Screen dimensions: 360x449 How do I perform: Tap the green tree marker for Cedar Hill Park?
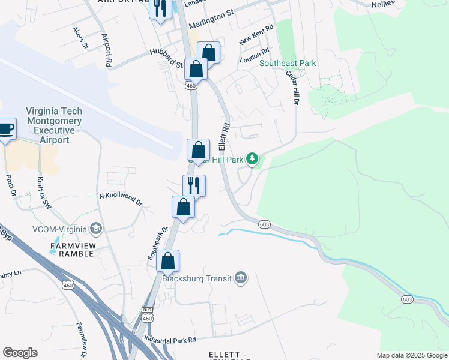pos(253,159)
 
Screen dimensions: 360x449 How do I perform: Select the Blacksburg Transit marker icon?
pos(241,278)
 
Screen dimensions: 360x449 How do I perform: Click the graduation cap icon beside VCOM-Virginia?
pos(95,229)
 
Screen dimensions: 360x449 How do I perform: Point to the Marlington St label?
pos(211,23)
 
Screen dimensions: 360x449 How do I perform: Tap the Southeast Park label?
pos(288,63)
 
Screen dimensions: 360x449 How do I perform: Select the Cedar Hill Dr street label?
pos(292,88)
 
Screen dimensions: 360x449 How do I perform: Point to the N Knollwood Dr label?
pos(120,199)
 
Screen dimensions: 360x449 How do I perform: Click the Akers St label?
pos(80,37)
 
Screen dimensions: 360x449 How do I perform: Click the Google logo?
pos(20,353)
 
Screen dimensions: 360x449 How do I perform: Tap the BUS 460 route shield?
pos(146,313)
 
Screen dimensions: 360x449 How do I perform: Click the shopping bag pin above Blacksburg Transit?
pos(168,262)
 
